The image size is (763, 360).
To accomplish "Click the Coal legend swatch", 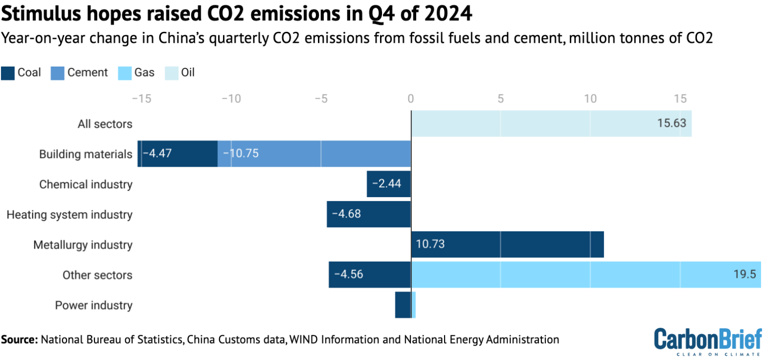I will pos(8,72).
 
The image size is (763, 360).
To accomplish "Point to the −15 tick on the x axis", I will pos(141,98).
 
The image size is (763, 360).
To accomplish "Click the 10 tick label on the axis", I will pos(590,98).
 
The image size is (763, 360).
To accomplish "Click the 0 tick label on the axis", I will pos(411,98).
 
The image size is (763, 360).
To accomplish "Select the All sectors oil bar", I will pos(546,124).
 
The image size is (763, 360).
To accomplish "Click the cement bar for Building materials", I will pos(318,154).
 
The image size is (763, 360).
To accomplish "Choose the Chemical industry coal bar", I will pos(389,184).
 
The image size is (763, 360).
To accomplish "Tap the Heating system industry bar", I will pos(369,215).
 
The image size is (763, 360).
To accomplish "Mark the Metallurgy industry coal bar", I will pos(507,244).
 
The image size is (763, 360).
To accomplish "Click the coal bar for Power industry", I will pos(403,305).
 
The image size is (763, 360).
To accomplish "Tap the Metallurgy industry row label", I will pos(83,245).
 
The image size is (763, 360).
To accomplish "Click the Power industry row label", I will pos(94,305).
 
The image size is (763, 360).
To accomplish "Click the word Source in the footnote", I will pos(19,340).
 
